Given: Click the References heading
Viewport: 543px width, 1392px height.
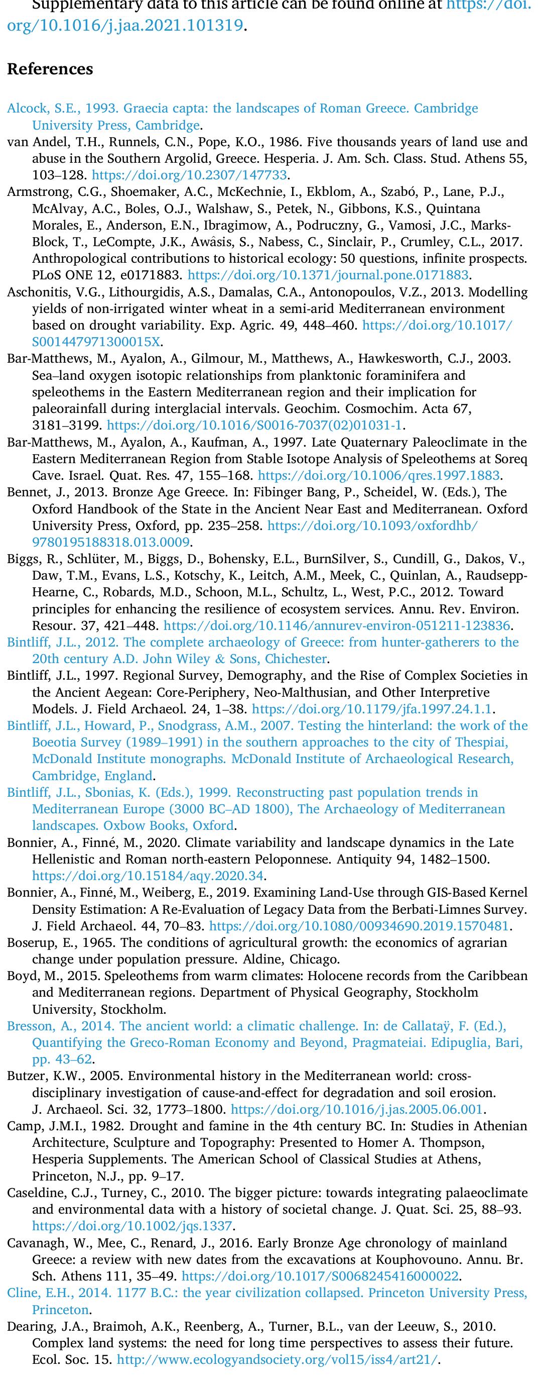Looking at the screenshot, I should click(50, 69).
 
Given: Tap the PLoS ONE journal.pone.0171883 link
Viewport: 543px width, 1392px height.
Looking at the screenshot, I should click(328, 275).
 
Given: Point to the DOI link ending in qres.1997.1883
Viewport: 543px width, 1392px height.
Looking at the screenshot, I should click(379, 476).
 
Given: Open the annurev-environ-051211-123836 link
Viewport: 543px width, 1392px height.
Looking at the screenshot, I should click(337, 626).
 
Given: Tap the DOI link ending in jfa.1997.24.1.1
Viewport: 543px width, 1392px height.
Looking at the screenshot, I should click(372, 708).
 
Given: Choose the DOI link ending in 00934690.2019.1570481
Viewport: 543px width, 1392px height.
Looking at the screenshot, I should click(359, 926).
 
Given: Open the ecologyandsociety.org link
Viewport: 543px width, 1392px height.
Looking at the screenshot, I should click(277, 1359).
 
